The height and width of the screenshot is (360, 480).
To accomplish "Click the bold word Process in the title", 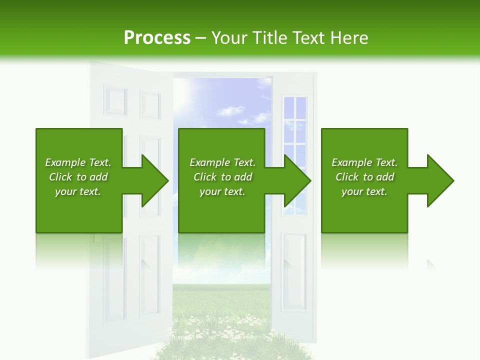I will [x=157, y=38].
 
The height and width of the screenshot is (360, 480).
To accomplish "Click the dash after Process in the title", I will [x=200, y=38].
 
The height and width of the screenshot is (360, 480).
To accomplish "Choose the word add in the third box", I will [x=385, y=177].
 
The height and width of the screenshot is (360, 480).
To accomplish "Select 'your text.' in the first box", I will [x=77, y=191].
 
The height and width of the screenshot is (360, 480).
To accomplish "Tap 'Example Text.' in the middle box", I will [x=222, y=162].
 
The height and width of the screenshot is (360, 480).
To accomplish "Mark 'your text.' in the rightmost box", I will [x=364, y=191].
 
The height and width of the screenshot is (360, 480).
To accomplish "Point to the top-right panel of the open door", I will [x=149, y=105].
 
